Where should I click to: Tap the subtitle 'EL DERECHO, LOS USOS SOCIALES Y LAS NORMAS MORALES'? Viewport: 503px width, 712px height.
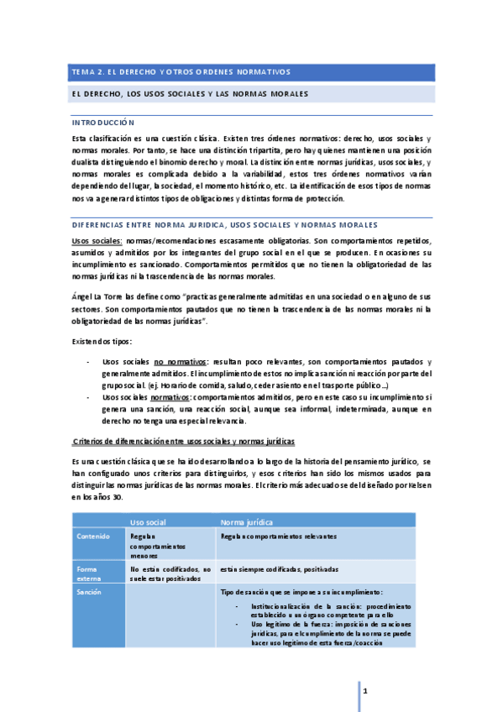click(190, 93)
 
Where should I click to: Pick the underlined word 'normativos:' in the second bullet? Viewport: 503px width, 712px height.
click(170, 397)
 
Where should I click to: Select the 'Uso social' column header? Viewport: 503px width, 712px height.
click(150, 522)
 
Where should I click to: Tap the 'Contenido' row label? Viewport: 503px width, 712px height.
click(92, 536)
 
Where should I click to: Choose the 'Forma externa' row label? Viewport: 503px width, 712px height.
click(89, 573)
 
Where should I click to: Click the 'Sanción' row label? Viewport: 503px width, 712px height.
click(90, 592)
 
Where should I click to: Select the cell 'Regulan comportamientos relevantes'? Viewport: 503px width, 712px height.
click(278, 536)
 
